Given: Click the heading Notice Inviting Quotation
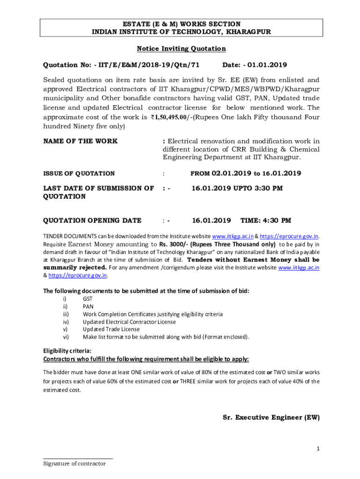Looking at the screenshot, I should [181, 49].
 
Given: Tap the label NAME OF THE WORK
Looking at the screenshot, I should [80, 141].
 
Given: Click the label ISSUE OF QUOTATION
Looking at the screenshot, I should [79, 174].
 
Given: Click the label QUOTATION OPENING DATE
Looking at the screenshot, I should [92, 220].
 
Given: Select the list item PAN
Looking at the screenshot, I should [88, 306].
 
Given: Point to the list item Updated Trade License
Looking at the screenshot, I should [111, 329].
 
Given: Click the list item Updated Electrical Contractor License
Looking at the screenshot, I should [129, 322].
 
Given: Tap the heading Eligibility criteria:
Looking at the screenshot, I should [67, 351].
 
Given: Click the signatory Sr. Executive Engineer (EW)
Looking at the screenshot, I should [271, 417].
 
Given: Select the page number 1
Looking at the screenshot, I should [318, 449].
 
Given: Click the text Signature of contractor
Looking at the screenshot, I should [74, 464].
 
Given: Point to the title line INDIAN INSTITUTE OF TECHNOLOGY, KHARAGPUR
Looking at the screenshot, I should [181, 31].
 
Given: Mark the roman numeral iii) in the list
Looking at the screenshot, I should [66, 314].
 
